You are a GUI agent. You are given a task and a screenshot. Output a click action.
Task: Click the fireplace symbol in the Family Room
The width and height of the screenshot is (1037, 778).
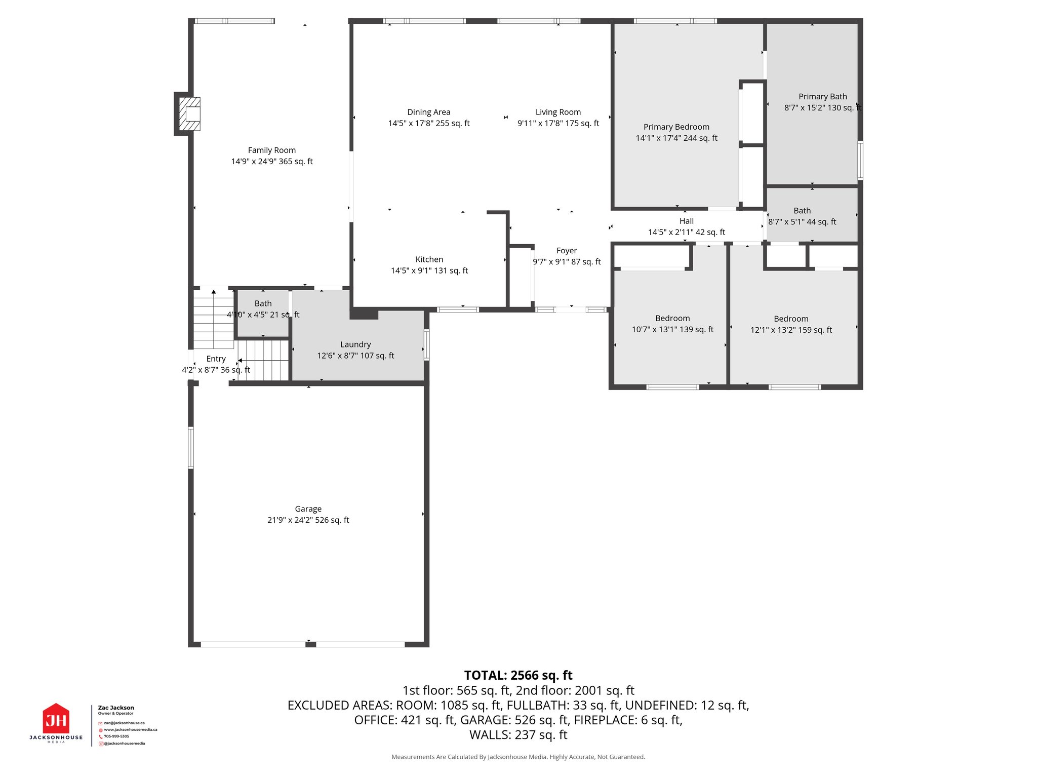(191, 114)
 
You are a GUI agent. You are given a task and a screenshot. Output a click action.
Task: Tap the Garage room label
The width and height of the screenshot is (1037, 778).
(308, 509)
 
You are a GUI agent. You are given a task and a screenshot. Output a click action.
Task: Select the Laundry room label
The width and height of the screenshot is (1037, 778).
(355, 344)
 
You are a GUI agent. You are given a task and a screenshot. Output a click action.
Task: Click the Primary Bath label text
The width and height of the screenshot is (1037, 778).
(822, 97)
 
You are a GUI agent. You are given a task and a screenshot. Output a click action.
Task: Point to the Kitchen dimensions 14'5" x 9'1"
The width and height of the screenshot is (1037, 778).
(429, 270)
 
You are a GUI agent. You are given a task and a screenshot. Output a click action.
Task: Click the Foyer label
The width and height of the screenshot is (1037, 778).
(566, 251)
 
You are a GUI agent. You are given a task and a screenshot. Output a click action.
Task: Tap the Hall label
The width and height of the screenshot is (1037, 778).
(686, 221)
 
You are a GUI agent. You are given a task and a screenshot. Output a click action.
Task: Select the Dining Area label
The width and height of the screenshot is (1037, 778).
(428, 112)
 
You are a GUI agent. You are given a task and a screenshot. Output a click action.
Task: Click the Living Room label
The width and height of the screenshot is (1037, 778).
(558, 112)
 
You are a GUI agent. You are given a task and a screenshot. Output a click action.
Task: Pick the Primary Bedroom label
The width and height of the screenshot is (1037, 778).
(676, 127)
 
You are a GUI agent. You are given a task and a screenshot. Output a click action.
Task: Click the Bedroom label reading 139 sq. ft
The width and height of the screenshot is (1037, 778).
(672, 319)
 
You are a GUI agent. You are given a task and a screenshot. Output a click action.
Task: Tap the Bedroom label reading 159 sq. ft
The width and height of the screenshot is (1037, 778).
(791, 319)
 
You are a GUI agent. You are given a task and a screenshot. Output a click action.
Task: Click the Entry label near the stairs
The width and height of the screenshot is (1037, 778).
(216, 359)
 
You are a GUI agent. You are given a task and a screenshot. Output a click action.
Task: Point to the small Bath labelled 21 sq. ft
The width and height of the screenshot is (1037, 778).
(263, 303)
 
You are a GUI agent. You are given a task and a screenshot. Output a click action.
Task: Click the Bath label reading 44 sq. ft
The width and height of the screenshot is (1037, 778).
(802, 211)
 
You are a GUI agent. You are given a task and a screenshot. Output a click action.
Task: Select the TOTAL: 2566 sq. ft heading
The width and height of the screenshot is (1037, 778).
(518, 675)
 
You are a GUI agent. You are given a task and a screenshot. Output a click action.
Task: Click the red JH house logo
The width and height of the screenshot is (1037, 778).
(56, 719)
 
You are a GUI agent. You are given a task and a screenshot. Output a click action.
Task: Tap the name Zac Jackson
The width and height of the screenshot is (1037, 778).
(116, 708)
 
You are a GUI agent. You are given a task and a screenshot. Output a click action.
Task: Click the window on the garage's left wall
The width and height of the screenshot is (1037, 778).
(191, 448)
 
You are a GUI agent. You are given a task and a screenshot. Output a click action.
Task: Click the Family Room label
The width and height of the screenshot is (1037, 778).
(271, 150)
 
